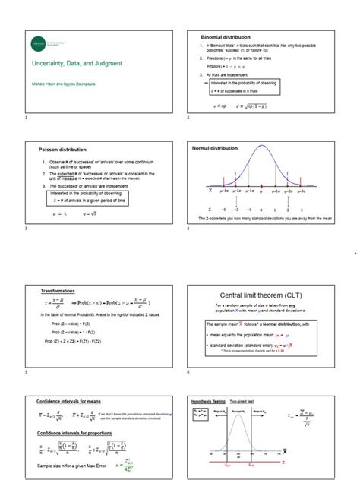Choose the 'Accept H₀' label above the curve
click(x=237, y=410)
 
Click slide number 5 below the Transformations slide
click(x=26, y=373)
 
